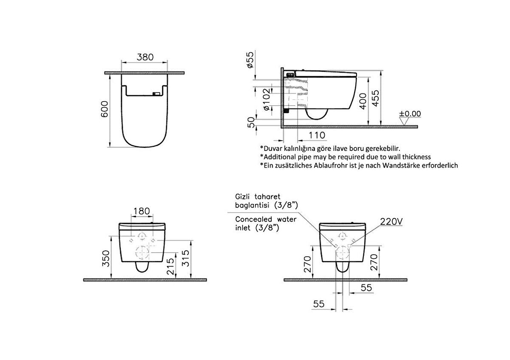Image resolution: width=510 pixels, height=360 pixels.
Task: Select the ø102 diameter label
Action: [265, 99]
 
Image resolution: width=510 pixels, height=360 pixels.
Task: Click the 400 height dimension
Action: [362, 102]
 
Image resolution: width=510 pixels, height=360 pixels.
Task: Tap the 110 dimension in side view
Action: [317, 135]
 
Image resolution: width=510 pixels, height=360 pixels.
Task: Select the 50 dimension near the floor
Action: [251, 122]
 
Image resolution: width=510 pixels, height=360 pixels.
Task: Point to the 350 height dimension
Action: [106, 258]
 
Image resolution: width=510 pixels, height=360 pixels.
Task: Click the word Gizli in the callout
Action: [244, 197]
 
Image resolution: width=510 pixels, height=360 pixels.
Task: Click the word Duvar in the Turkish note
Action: [274, 148]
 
